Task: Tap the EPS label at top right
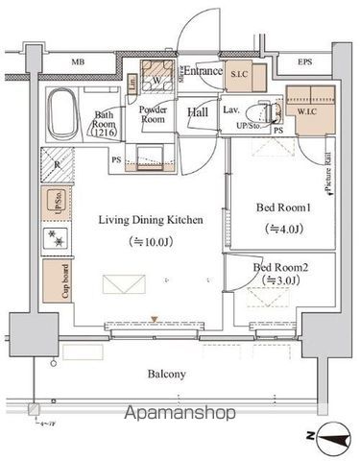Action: point(305,65)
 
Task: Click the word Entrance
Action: point(203,70)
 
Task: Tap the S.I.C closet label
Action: point(240,72)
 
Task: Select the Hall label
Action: point(198,113)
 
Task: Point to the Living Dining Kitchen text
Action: point(151,220)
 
